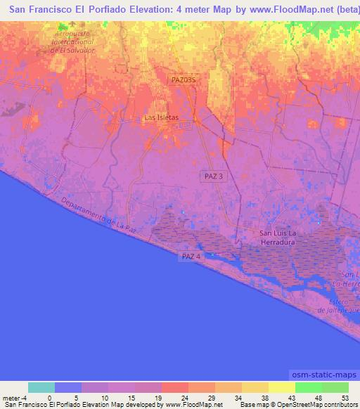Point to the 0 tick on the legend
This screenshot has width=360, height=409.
[x=49, y=397]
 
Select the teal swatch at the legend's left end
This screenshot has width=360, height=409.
[x=41, y=387]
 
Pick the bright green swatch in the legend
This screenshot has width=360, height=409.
[x=309, y=387]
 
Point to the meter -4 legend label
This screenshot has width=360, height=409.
[x=14, y=397]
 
